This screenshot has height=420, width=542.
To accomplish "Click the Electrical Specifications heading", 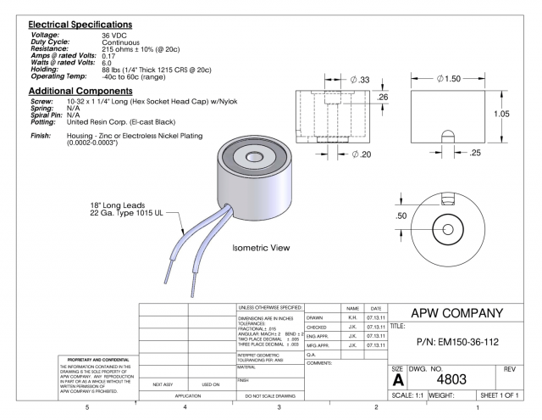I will (x=76, y=23).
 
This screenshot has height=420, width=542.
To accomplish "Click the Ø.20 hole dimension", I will (x=362, y=154).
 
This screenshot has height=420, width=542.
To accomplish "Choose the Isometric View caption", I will (x=261, y=249).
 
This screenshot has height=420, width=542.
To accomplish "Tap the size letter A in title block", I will (x=398, y=381).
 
